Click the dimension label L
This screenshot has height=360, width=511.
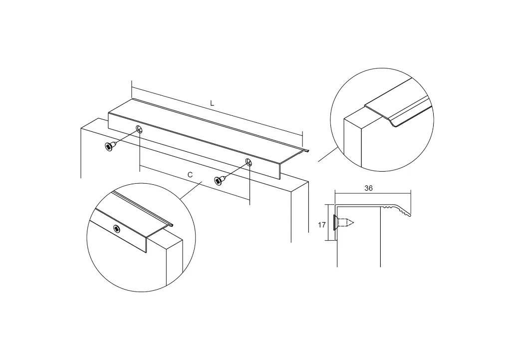pos(212,104)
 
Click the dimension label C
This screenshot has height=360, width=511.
pos(190,175)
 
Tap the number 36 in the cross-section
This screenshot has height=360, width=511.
pos(369,188)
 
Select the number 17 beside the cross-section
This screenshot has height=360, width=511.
pos(322,225)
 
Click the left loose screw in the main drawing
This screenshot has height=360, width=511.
pos(110,146)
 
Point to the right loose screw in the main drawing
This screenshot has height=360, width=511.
pos(220,180)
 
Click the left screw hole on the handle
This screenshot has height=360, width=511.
pos(140,129)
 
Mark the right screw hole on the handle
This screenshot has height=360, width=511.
pos(249,162)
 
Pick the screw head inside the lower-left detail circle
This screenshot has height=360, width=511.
pos(117,229)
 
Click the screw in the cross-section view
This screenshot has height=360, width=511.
pos(343,223)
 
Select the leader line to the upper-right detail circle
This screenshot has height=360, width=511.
pos(328,154)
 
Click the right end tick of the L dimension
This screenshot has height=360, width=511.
pos(302,139)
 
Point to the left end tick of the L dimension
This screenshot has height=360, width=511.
pos(132,89)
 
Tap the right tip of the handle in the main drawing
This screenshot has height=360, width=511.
pos(308,151)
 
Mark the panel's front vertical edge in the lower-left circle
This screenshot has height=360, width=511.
pos(167,267)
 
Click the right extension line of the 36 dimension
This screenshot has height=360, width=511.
pos(411,202)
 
